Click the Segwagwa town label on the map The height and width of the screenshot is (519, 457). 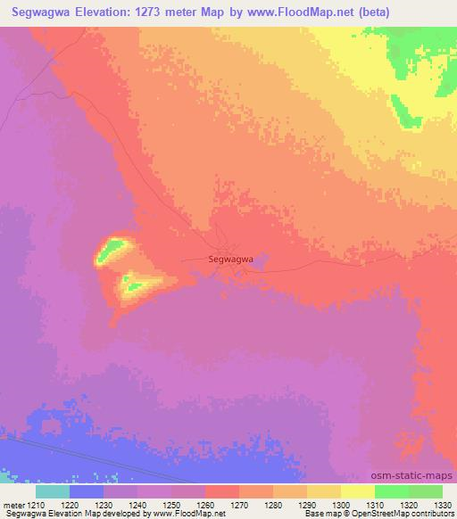coord(230,259)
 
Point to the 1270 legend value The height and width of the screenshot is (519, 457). coord(239,503)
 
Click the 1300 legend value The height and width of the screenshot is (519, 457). coord(340,503)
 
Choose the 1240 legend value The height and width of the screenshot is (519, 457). coord(137,503)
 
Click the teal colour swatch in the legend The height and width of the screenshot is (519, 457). coord(53,490)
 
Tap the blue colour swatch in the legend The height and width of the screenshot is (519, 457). coord(87,490)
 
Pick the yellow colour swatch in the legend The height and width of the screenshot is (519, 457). coord(357,490)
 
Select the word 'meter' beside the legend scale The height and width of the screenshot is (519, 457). coord(12,503)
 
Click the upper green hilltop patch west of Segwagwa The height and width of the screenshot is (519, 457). coord(109,250)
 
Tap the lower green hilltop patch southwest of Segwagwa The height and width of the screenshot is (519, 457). coord(134,284)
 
